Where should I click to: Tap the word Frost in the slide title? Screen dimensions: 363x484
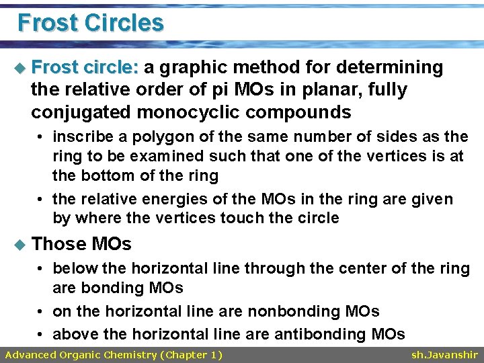pyautogui.click(x=47, y=23)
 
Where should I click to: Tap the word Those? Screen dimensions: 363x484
pyautogui.click(x=59, y=243)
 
